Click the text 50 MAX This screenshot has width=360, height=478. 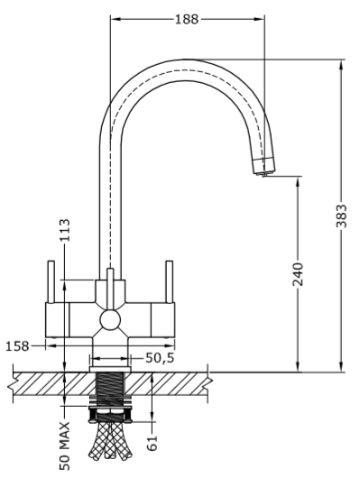click(66, 445)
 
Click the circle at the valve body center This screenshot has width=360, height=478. click(110, 319)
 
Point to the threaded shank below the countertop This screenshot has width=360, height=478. click(110, 391)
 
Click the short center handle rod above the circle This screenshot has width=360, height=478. click(110, 287)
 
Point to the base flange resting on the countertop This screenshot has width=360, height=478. click(110, 361)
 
